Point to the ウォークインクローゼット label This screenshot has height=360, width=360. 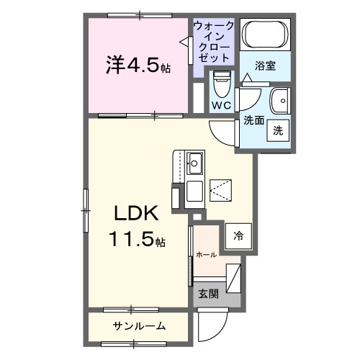click(x=214, y=41)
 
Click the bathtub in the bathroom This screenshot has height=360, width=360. click(x=264, y=35)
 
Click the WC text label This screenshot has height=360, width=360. click(x=220, y=106)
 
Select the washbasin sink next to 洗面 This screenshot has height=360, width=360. click(x=279, y=99)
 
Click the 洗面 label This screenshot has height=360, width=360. click(x=253, y=120)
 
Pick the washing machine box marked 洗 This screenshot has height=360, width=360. click(x=278, y=130)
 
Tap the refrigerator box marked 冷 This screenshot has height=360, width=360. click(x=238, y=235)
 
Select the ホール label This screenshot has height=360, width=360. click(x=206, y=254)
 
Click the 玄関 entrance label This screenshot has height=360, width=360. click(x=208, y=294)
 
